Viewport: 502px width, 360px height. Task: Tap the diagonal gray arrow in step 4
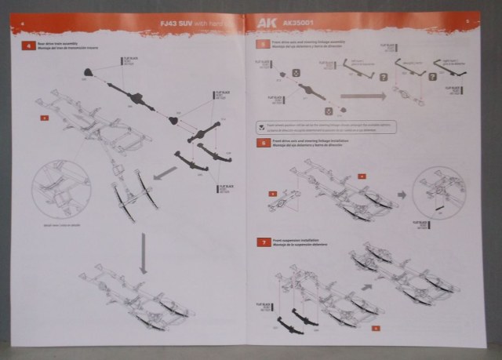tap(166, 172)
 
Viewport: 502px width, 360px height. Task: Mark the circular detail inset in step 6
tap(439, 191)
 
